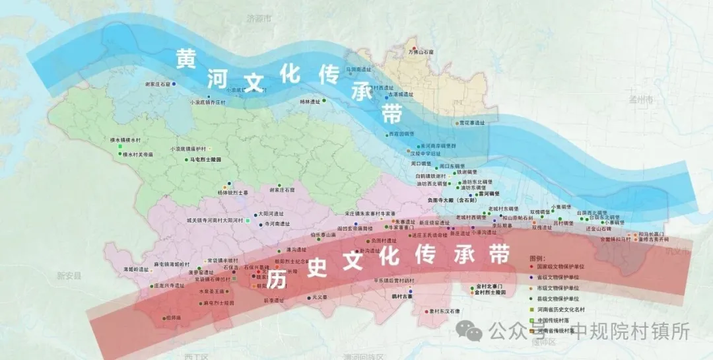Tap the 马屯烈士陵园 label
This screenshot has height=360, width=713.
click(206, 160)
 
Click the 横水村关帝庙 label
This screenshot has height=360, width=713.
click(137, 154)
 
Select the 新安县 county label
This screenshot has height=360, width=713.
click(68, 275)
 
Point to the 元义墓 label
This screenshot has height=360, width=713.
click(320, 298)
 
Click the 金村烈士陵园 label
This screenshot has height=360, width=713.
click(491, 292)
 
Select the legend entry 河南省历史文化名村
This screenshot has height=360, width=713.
click(562, 309)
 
